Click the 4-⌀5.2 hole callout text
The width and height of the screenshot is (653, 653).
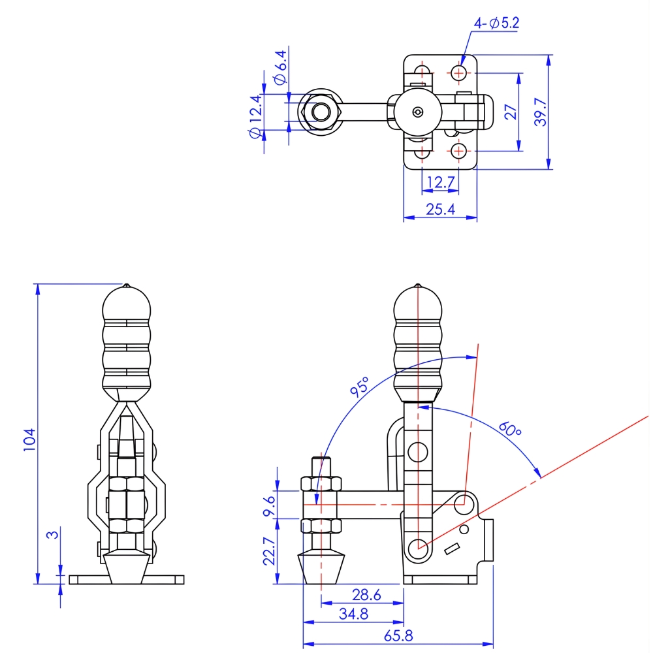click(496, 24)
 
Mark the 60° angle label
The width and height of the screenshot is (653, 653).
click(510, 430)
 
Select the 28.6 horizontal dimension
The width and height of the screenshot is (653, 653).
click(366, 596)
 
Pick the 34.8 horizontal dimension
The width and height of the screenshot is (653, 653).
click(353, 614)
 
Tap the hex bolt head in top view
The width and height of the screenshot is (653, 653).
click(320, 112)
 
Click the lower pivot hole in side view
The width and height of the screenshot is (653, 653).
click(418, 547)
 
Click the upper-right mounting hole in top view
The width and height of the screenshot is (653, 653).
click(460, 72)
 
